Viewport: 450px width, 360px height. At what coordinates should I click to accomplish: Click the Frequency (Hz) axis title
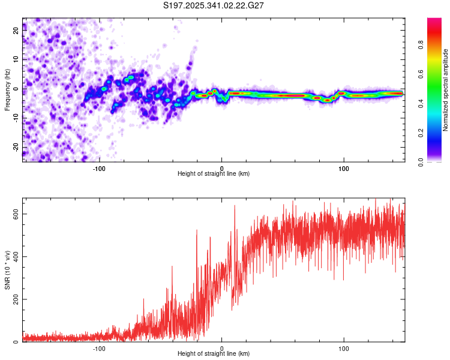[7, 90]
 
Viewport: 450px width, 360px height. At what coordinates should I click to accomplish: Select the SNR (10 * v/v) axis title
[7, 270]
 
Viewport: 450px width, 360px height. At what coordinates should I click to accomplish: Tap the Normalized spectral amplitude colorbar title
[445, 90]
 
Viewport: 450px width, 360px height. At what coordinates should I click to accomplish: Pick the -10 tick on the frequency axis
[15, 118]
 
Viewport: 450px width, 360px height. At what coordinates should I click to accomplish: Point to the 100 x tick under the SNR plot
[344, 347]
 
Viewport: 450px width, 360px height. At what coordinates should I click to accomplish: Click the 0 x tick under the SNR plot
[221, 347]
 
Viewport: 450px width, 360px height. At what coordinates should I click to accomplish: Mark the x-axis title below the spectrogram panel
[214, 173]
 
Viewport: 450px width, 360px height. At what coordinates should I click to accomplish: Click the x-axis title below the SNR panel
[214, 354]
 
